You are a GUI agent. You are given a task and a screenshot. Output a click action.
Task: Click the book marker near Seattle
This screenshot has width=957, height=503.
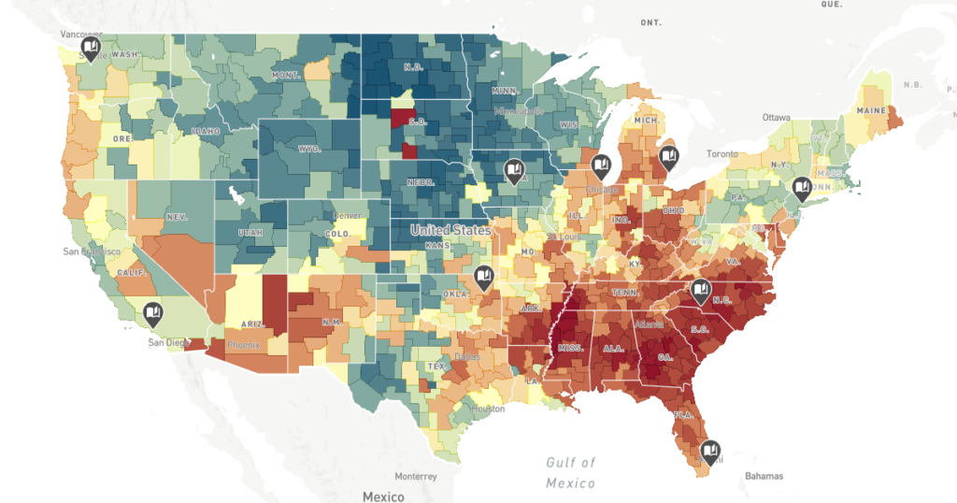point(91,47)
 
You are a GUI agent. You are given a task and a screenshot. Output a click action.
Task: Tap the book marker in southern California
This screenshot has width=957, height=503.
point(153,313)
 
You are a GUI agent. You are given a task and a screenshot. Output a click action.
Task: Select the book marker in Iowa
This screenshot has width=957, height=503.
point(514,169)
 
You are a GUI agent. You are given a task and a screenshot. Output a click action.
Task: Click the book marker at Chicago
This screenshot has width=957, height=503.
point(602,167)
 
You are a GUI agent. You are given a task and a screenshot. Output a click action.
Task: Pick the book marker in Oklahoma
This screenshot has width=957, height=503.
point(483,276)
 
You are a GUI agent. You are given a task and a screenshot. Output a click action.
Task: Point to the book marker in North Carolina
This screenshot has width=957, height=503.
point(701,291)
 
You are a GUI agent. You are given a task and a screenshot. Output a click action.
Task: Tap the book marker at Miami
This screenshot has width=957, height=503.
point(710,453)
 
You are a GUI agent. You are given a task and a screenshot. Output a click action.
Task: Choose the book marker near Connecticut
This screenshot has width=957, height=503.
point(801,188)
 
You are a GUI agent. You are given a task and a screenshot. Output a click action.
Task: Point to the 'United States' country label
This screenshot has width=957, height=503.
point(451,230)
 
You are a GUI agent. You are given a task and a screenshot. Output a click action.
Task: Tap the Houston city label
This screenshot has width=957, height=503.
point(488,409)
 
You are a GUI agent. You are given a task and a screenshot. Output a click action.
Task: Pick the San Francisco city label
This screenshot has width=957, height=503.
point(91,251)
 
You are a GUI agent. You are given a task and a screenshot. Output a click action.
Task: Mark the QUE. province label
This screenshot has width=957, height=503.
point(830,5)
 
